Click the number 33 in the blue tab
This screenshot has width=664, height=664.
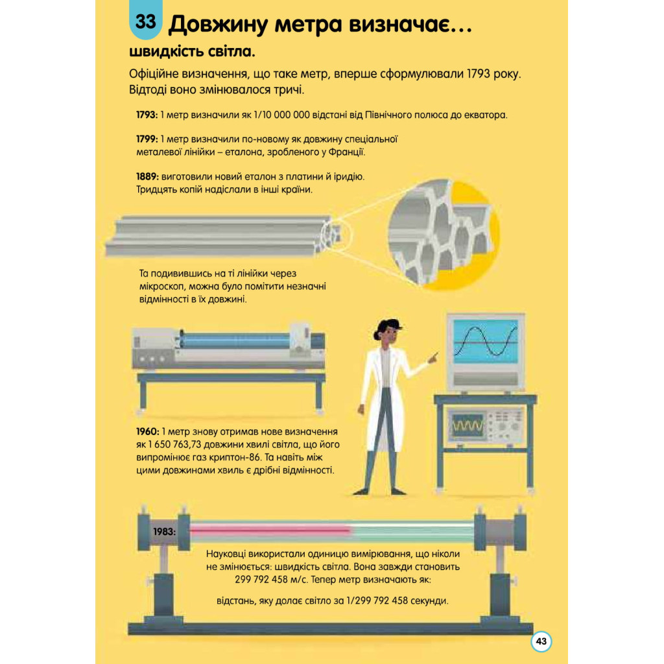(146, 21)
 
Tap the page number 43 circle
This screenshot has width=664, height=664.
(541, 641)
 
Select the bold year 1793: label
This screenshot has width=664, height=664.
(147, 115)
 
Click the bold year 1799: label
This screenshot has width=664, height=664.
(147, 139)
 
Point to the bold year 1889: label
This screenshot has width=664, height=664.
(147, 176)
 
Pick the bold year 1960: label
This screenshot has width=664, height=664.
(148, 432)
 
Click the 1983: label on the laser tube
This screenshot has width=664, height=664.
(164, 532)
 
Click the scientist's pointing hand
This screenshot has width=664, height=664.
(433, 358)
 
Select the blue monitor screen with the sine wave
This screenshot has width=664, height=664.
(486, 341)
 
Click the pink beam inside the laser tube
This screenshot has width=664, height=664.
(271, 529)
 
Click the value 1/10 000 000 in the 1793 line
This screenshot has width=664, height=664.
(282, 115)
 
